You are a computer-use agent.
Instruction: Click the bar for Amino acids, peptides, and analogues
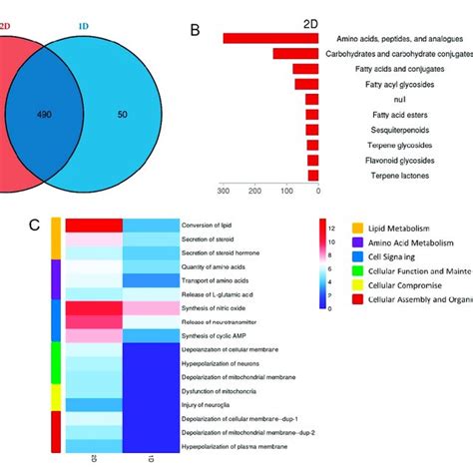270,38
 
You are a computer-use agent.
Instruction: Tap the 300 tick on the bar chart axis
226,191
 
